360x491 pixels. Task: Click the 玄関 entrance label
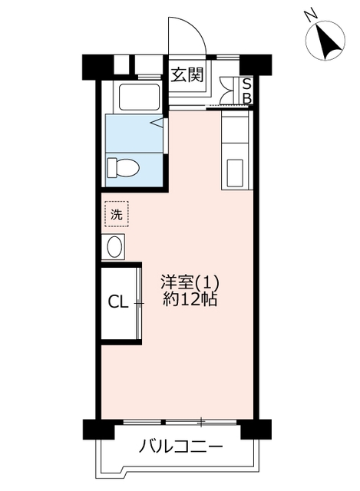187,75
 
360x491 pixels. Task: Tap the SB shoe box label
247,91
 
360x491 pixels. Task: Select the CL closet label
118,302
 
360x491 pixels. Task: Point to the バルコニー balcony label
181,446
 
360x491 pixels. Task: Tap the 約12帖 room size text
190,300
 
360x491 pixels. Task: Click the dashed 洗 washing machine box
117,214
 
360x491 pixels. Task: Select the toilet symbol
123,167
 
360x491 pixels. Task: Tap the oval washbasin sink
114,247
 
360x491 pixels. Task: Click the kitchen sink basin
235,173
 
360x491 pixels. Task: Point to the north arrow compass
325,41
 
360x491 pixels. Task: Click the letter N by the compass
311,15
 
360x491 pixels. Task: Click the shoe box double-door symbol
227,91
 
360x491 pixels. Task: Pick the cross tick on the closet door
139,303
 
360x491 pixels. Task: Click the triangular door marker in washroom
157,123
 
